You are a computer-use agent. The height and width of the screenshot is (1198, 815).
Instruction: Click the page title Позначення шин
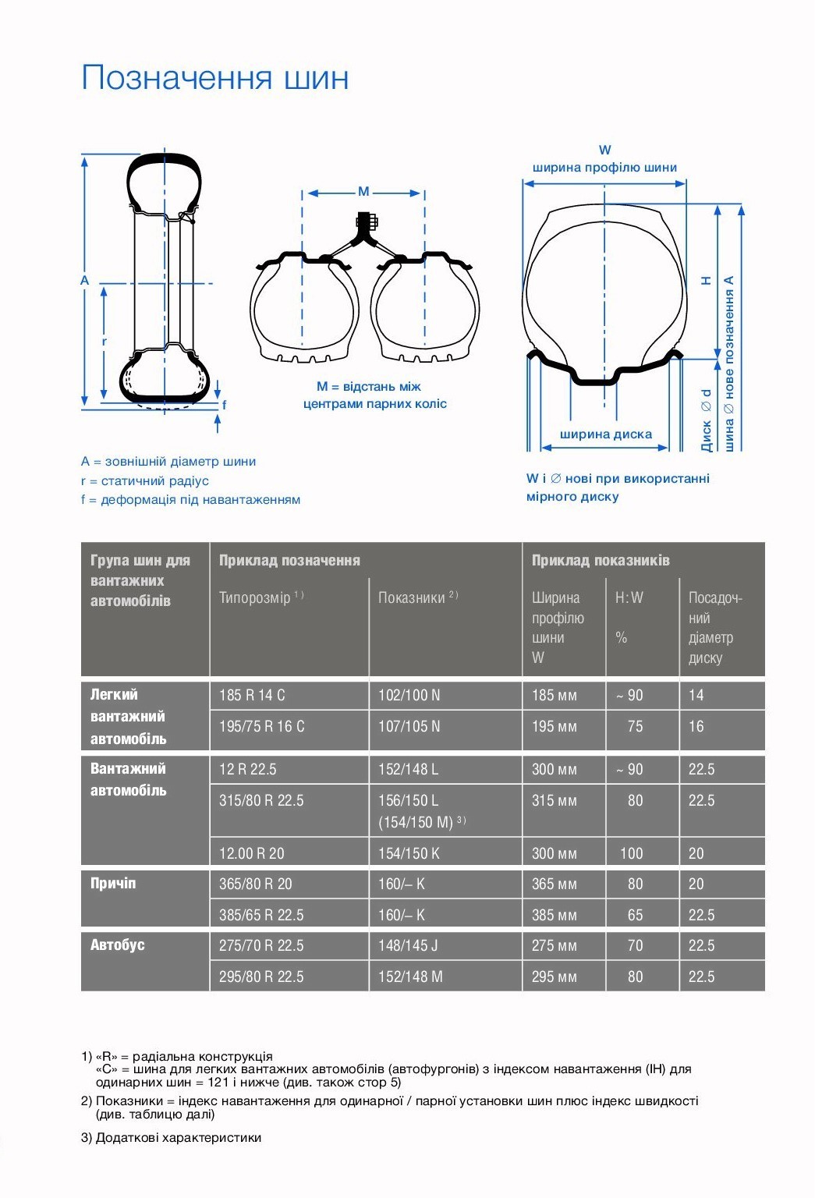point(214,78)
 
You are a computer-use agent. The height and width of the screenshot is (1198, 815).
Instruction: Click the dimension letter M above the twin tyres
point(363,191)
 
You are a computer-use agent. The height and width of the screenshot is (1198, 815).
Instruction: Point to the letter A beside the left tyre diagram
point(85,280)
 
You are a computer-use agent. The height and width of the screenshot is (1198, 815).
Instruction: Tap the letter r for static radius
point(104,342)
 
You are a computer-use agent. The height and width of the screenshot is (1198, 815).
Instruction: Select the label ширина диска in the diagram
point(605,434)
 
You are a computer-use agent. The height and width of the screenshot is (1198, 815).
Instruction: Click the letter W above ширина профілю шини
point(604,150)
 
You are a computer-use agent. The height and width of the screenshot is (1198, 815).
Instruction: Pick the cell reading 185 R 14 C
point(252,695)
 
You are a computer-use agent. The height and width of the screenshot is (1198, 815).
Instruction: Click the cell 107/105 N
point(409,726)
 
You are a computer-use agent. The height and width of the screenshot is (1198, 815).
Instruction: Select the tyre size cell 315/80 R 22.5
point(261,800)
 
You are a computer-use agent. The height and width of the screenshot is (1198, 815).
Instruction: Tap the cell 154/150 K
point(409,853)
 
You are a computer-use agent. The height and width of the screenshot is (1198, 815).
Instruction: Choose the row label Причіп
point(113,884)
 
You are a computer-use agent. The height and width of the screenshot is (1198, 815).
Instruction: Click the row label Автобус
point(118,945)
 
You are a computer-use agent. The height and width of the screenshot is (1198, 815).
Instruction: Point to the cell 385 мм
point(554,915)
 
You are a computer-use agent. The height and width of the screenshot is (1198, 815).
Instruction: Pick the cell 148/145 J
point(408,945)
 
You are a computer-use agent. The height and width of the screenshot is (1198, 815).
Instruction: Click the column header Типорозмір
point(255,597)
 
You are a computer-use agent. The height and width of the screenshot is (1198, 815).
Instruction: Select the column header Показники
point(413,597)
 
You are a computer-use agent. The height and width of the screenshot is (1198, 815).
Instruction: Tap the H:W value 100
point(632,853)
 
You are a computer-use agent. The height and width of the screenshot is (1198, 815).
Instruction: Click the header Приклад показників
point(601,560)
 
